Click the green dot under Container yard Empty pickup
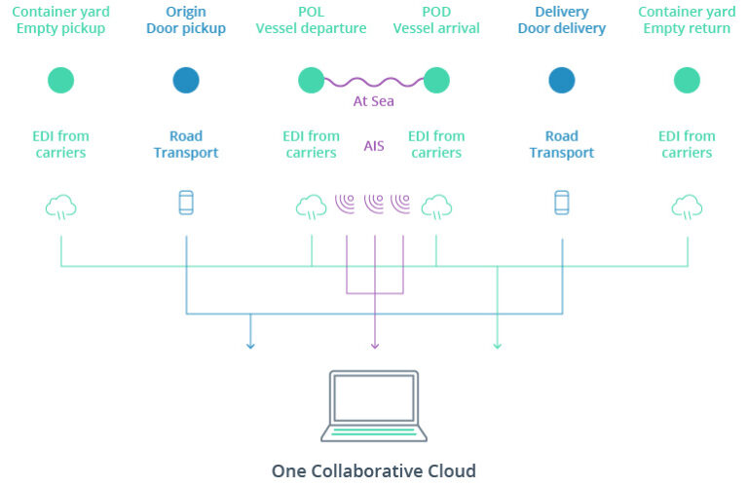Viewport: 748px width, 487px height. pos(60,80)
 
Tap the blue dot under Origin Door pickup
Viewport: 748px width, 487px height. pos(186,80)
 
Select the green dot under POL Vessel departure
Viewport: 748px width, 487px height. pos(311,80)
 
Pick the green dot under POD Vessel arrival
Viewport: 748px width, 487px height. pos(436,80)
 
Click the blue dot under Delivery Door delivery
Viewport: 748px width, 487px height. pos(561,80)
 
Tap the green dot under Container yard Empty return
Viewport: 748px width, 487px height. pos(687,80)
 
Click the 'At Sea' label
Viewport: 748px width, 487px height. pos(374,101)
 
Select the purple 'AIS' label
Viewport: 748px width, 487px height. pos(374,145)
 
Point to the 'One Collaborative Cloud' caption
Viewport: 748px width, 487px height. pos(374,471)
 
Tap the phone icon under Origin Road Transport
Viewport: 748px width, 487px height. pos(186,203)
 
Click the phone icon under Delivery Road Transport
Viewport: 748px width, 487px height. pos(561,203)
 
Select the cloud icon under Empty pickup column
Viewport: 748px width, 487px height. pos(60,206)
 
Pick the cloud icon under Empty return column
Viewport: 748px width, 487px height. pos(687,206)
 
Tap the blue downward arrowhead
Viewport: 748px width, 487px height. pos(250,344)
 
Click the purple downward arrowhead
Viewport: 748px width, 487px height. pos(374,344)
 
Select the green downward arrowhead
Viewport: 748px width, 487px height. pos(498,344)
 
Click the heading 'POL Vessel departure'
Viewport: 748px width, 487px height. pos(311,20)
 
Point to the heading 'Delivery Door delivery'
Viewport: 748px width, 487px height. pos(561,20)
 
